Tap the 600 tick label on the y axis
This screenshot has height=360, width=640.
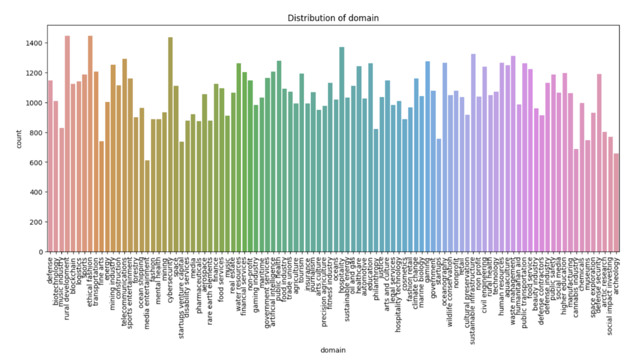point(34,162)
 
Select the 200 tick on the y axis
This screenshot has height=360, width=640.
point(34,222)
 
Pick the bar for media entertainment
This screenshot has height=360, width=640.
point(147,206)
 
